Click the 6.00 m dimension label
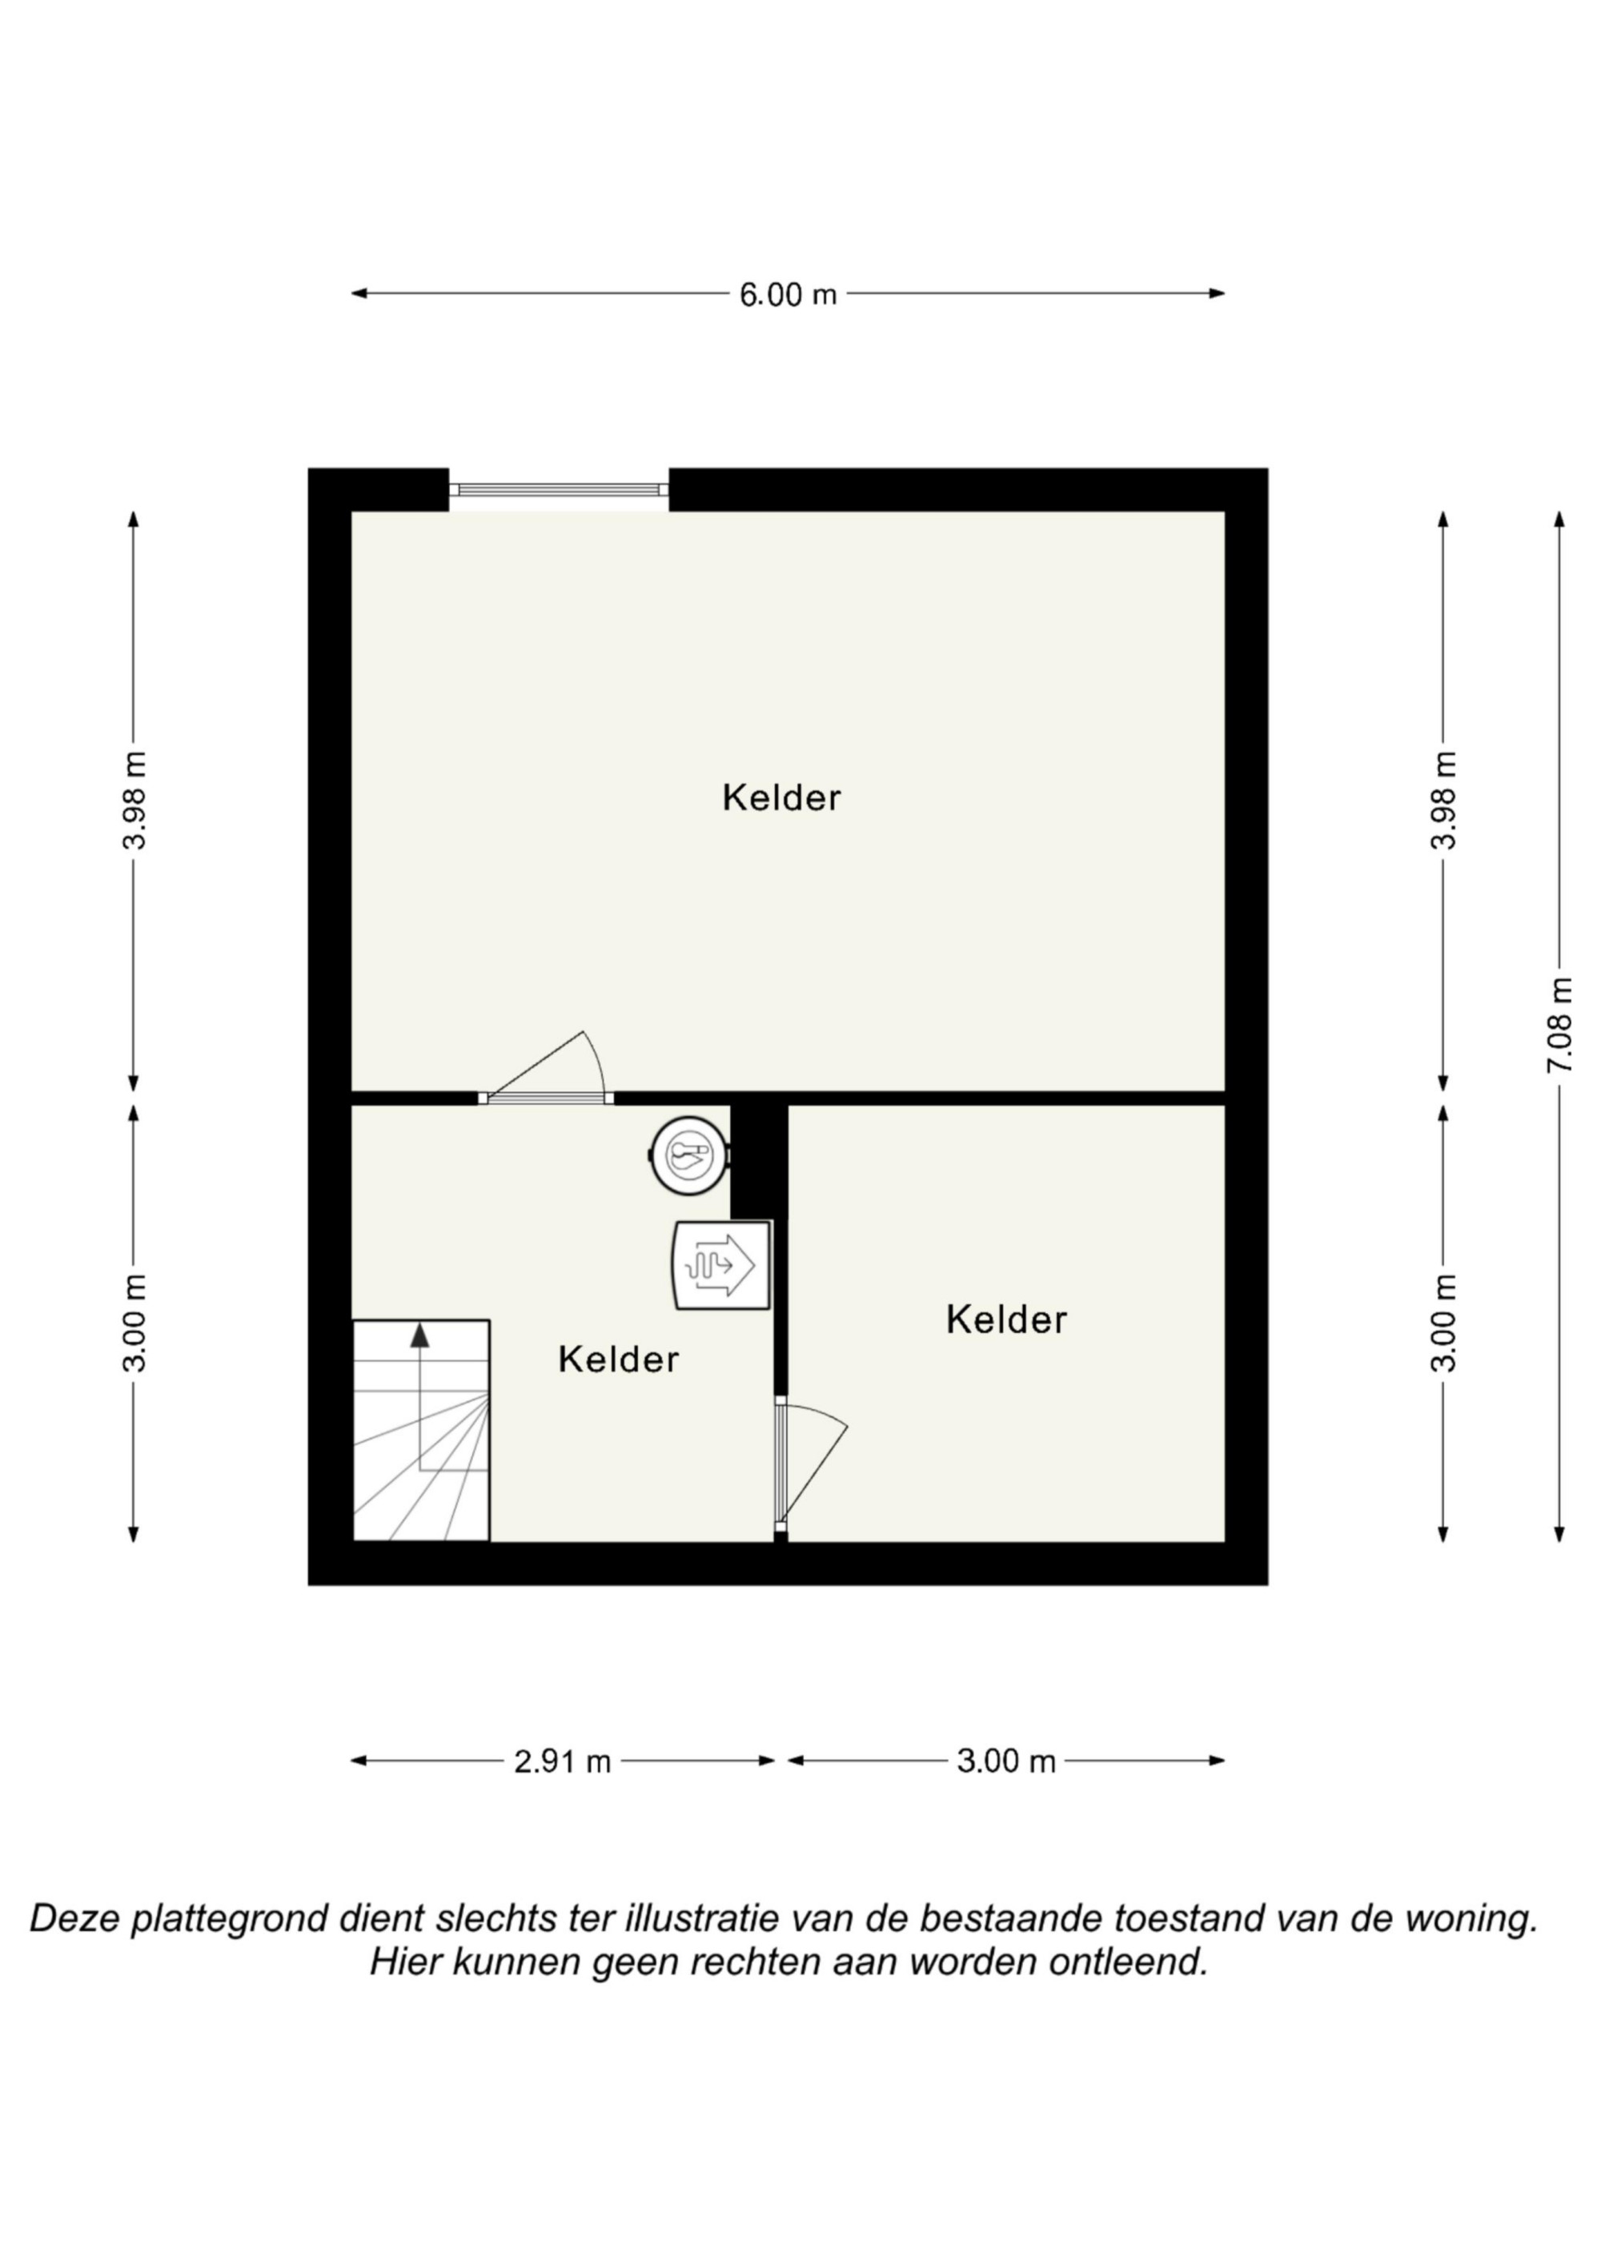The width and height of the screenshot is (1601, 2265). (x=788, y=294)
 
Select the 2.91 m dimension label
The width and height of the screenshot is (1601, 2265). (x=562, y=1762)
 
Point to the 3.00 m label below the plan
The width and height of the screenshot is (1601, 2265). (x=1006, y=1762)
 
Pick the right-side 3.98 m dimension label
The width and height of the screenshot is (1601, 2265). (x=1444, y=800)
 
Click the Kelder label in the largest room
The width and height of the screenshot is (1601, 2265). (x=781, y=798)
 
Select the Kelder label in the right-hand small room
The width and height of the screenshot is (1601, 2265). (x=1006, y=1320)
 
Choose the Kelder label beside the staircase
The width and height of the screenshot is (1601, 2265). (x=619, y=1359)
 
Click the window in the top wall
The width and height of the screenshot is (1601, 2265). (x=560, y=489)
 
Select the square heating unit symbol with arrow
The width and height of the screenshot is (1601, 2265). (x=721, y=1266)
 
